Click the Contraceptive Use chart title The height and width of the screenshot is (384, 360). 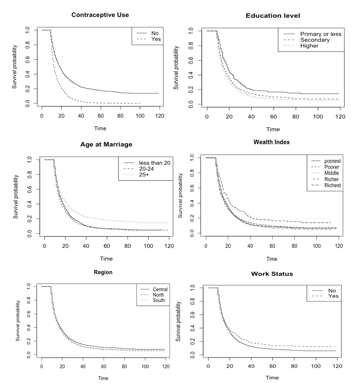coord(100,15)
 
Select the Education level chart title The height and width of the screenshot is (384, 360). coord(273,16)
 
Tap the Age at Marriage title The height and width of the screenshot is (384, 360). coord(106,145)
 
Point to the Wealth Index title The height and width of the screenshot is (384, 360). coord(271,142)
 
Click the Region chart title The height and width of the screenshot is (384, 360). coord(103,272)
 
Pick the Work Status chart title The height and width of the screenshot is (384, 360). coord(272,274)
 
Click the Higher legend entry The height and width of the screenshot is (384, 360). coord(309,46)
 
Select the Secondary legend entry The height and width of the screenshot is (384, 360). coord(315,40)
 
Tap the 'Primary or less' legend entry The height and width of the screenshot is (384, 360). coord(320,34)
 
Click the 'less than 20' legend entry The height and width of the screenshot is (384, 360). coord(154,163)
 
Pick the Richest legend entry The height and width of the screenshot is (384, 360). coord(332,186)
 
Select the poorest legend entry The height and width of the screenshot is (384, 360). coord(332,161)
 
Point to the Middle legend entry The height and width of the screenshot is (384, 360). coord(331,173)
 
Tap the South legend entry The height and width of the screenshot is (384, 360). coord(159,300)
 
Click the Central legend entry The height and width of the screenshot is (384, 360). coord(160,289)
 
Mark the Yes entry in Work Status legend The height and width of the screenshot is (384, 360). coord(333,296)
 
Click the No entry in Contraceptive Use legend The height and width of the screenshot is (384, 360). coord(155,33)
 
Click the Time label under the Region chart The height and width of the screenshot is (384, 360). coord(103,378)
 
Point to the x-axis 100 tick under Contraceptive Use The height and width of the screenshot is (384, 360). coord(140,116)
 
